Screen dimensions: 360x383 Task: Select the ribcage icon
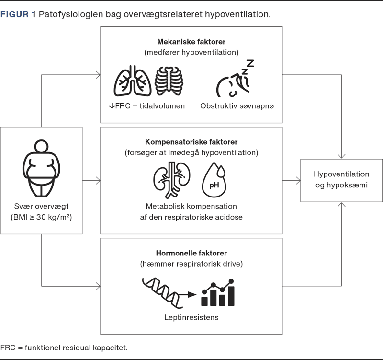[x=169, y=80]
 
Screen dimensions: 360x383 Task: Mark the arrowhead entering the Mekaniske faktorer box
[x=98, y=74]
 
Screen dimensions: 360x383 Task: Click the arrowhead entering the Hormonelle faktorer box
[x=98, y=287]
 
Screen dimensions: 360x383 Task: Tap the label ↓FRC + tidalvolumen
[x=147, y=105]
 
